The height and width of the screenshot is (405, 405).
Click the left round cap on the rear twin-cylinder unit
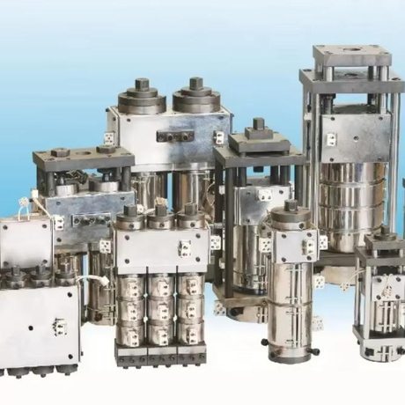[x=142, y=96]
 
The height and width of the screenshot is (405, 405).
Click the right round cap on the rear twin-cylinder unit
[x=196, y=95]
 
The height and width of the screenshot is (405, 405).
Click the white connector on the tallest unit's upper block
[x=330, y=139]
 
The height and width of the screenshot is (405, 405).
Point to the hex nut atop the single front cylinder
[x=291, y=209]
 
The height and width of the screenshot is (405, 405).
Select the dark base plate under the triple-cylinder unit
[x=161, y=355]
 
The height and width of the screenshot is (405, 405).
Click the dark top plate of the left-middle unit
[x=84, y=159]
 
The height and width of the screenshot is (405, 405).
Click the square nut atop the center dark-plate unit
[x=259, y=125]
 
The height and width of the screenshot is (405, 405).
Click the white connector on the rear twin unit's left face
[x=109, y=137]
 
